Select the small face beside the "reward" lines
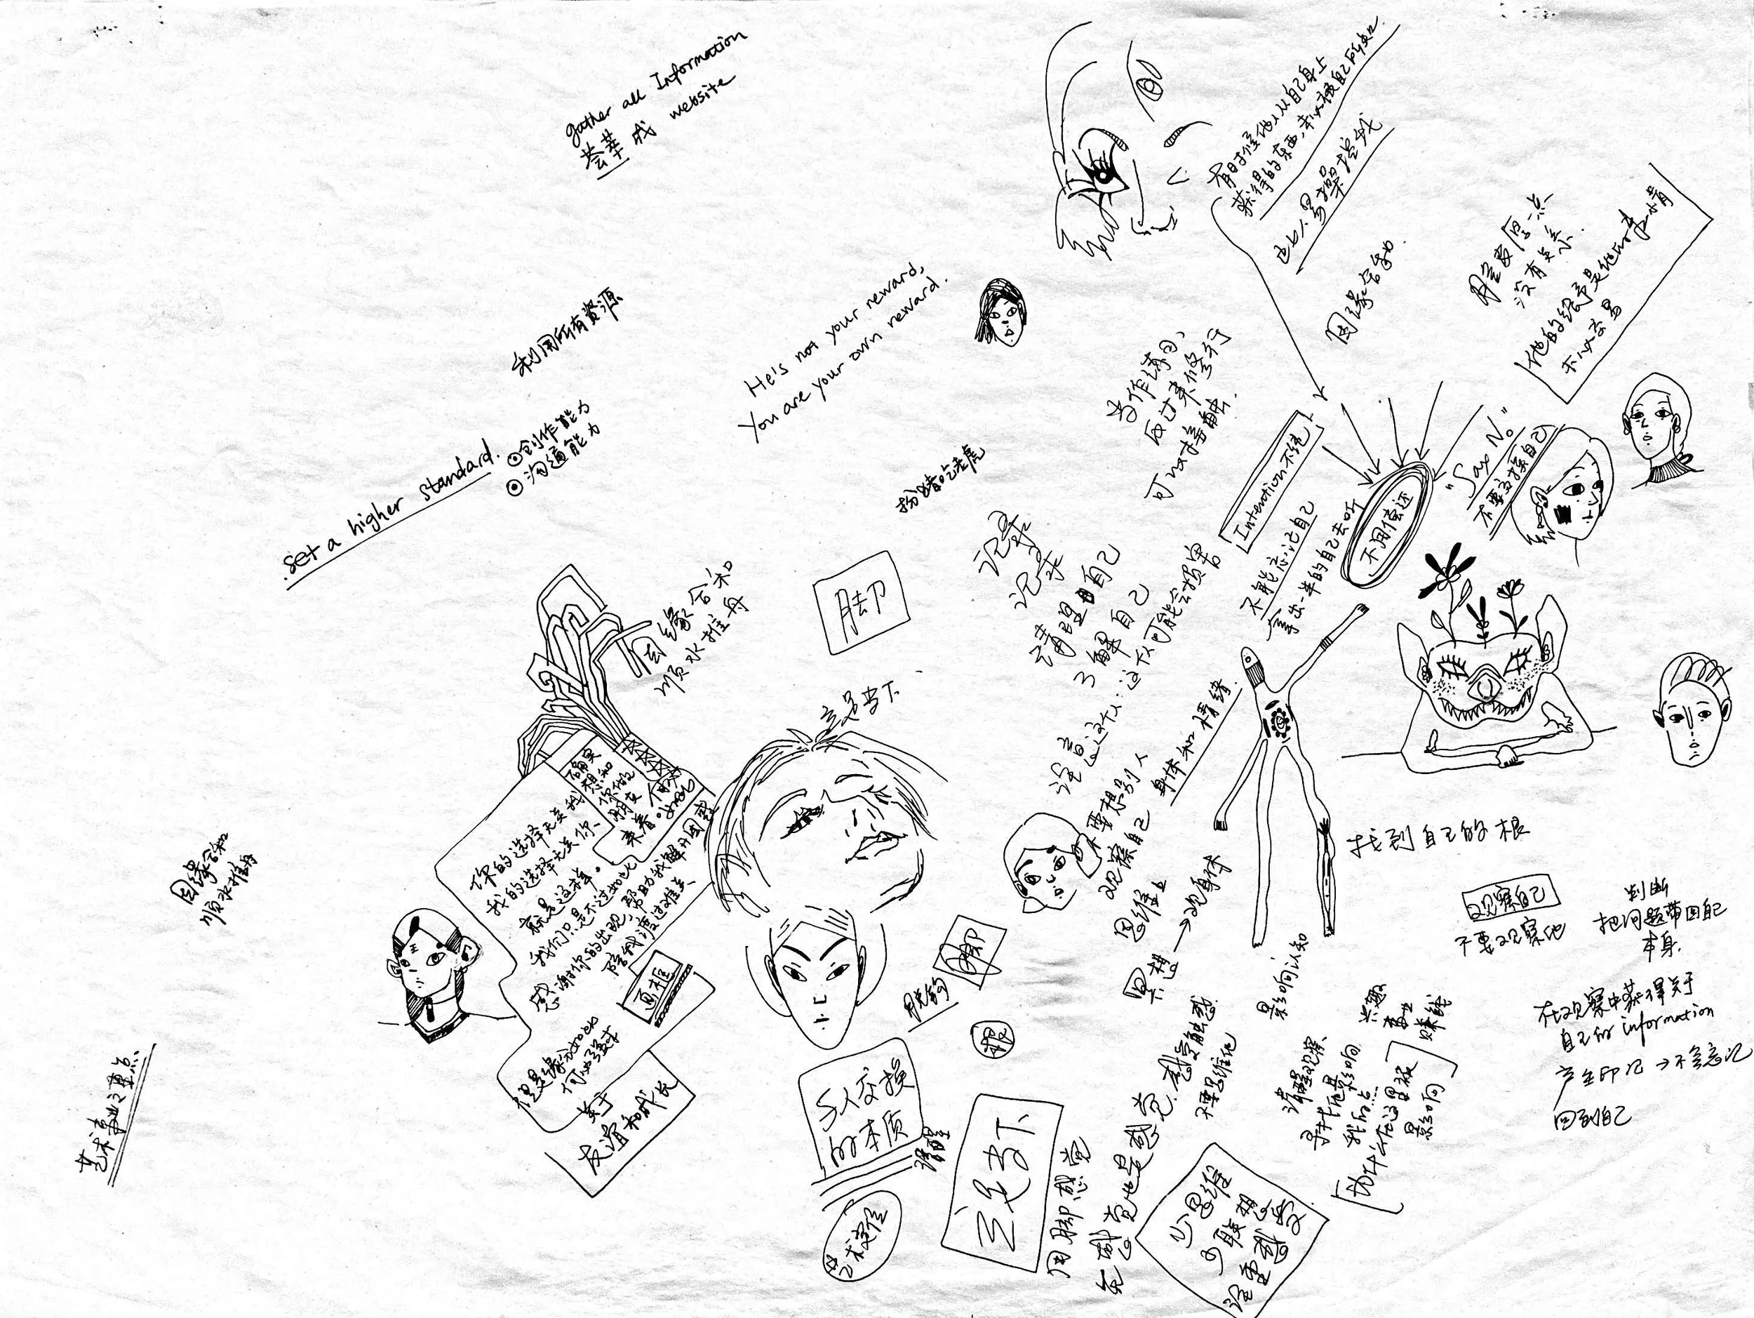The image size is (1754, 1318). click(x=998, y=313)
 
